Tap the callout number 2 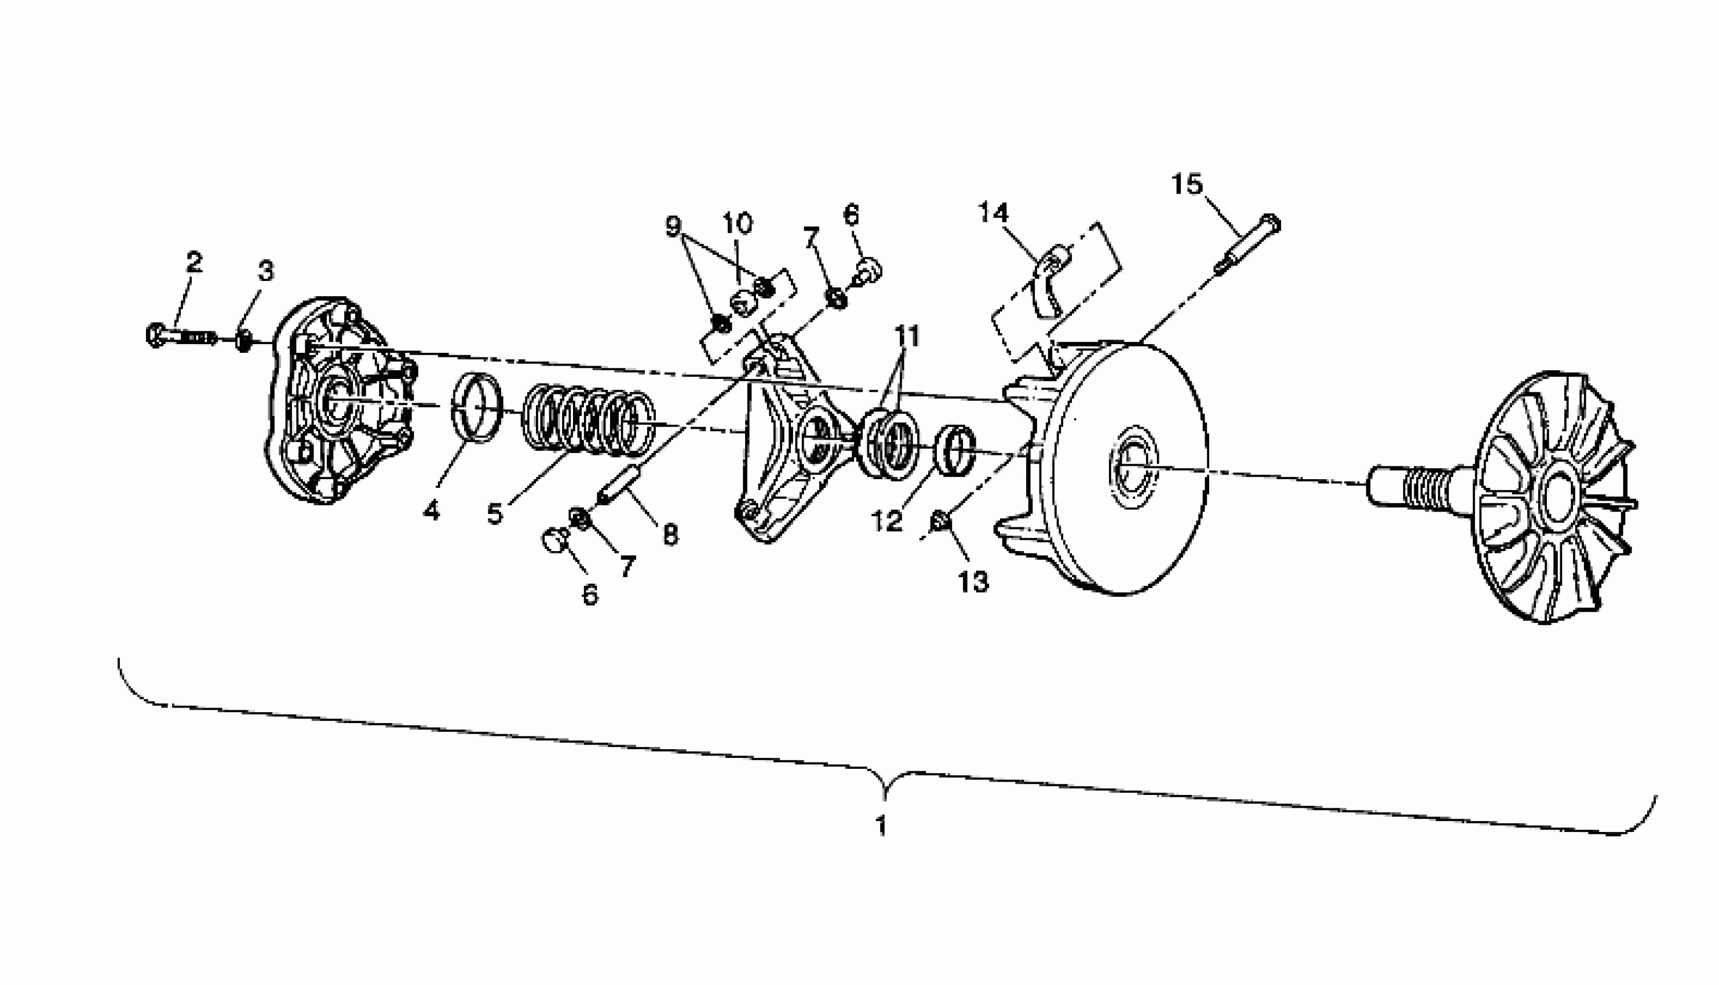[194, 262]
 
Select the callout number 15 [1187, 184]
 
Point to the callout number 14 [994, 213]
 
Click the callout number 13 [973, 581]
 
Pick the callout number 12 [886, 520]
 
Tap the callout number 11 [907, 335]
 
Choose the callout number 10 [738, 222]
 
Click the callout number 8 [670, 535]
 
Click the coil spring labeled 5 [588, 419]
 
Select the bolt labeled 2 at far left [181, 335]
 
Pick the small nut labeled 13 [939, 521]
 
